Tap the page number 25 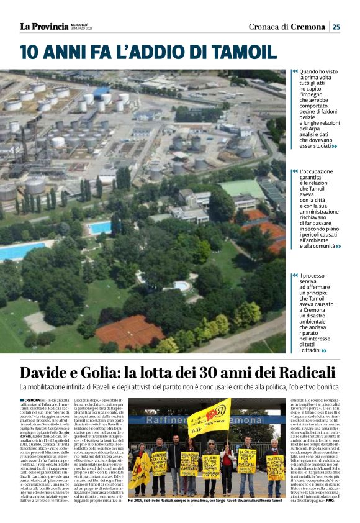pos(336,26)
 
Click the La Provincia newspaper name pos(44,26)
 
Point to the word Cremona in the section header pos(309,26)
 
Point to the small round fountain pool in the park pos(182,286)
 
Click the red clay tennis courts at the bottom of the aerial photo pos(130,331)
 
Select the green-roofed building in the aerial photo pos(243,188)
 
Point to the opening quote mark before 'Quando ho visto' pos(294,71)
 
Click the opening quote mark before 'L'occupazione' pos(294,171)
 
